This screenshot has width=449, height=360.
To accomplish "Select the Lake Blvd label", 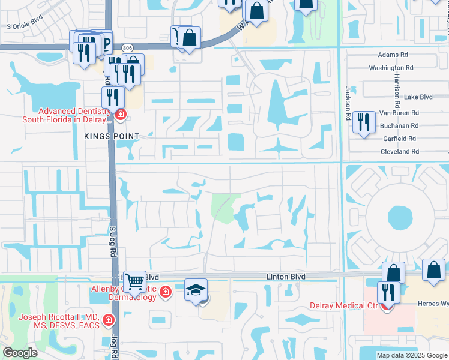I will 418,97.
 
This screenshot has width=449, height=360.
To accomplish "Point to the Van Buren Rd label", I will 399,112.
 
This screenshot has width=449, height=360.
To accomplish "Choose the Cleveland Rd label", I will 398,152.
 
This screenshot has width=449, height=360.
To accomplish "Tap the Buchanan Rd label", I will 399,125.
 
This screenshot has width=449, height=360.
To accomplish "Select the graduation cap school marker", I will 196,290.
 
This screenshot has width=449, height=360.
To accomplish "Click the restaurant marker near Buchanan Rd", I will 363,122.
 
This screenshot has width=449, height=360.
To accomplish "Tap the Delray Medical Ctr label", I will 343,305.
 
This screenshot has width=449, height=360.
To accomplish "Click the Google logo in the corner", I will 20,353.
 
